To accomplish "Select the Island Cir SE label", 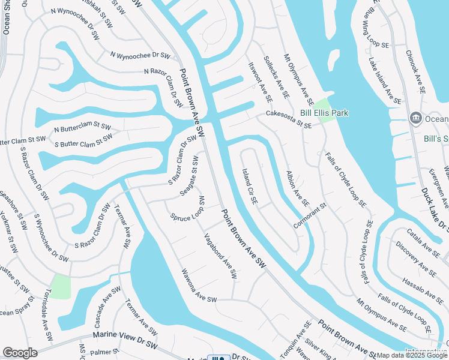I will tap(250, 187).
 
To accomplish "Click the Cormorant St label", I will tap(310, 215).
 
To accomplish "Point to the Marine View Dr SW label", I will tap(124, 333).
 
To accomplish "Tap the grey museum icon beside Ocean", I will tap(415, 118).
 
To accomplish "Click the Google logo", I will tap(20, 353).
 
